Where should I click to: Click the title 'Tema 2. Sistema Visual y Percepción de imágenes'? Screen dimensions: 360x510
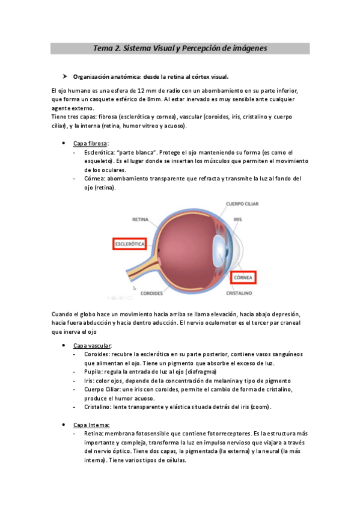pos(180,48)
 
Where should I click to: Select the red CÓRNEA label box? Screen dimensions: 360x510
pos(243,278)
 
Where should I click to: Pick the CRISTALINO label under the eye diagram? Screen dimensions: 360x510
pos(239,293)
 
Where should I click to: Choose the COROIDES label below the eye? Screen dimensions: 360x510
pos(152,294)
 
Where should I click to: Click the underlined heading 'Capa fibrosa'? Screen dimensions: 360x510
pos(91,144)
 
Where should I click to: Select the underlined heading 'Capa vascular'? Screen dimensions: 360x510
pos(92,346)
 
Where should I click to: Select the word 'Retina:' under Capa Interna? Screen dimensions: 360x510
pos(96,434)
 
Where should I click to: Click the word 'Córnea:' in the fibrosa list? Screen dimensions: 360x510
pos(97,179)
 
